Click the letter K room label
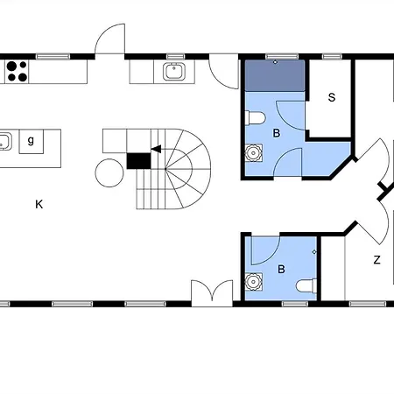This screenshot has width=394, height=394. coord(39,204)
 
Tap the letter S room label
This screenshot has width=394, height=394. coord(332,97)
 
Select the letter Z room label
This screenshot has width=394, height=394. coord(376,259)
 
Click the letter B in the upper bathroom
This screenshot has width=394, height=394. coord(277,133)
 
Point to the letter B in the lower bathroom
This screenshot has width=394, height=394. coord(281,269)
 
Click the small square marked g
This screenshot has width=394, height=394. coord(32,142)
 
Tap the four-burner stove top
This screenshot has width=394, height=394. coord(17,72)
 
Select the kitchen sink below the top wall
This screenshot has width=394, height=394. coord(174,72)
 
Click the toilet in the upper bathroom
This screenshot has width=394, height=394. coord(256,118)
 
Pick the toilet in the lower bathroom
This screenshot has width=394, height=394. coord(306,285)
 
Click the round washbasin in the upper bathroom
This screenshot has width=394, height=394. coord(253,152)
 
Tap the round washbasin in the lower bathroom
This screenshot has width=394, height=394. coord(253,282)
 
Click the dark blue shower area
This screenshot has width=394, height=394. coord(275,75)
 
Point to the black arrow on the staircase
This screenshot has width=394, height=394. coord(156,149)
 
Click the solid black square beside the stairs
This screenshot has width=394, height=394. coord(138,161)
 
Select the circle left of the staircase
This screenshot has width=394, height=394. coord(109,172)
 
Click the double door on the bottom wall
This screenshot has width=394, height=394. coord(212,293)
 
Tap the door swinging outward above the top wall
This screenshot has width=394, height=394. coord(110,39)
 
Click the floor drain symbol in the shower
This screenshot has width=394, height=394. coord(275,62)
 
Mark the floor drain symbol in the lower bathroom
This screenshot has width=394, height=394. coord(314,251)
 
